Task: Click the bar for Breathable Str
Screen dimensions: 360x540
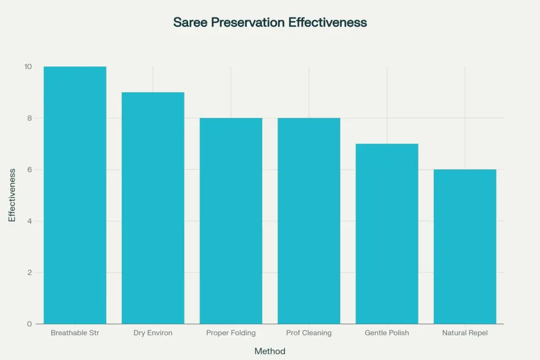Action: pos(75,195)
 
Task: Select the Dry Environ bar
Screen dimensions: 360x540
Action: pos(153,208)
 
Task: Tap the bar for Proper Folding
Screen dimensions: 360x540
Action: pos(231,221)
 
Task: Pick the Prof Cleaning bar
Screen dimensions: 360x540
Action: pos(309,221)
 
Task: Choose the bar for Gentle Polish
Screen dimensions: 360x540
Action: pos(387,233)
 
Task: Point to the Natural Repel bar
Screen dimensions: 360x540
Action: pos(465,247)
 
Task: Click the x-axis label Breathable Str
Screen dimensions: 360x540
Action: pos(75,333)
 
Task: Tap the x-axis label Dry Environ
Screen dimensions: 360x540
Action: pos(153,333)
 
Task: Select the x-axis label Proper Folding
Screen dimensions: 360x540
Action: pos(231,333)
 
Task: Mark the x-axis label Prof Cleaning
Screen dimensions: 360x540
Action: pos(309,333)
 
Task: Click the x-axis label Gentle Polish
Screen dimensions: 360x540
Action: pos(387,333)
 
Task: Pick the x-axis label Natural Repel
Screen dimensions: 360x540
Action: pos(465,333)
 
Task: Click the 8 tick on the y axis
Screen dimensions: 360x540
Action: pos(30,118)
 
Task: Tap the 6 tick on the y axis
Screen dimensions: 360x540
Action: pos(30,170)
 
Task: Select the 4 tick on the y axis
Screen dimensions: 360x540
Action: pos(30,221)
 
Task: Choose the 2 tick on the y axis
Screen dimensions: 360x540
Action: pos(30,273)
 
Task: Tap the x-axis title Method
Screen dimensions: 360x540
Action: pos(270,351)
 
